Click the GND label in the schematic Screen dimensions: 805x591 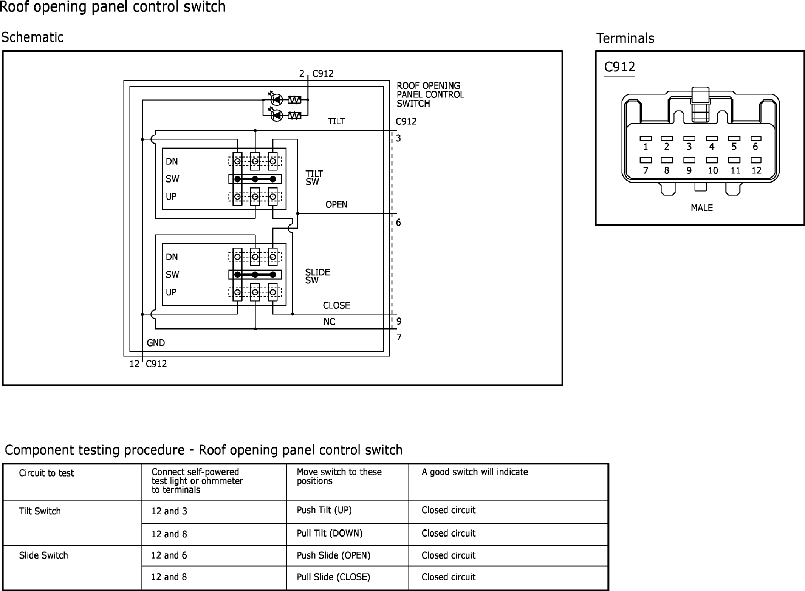tap(156, 343)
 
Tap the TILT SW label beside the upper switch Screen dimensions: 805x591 tap(314, 178)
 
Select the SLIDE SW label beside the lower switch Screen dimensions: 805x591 tap(317, 276)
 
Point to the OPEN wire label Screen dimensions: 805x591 tap(336, 204)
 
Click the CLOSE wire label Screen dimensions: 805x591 tap(336, 305)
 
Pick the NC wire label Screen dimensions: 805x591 tap(329, 322)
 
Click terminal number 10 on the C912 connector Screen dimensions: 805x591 tap(713, 170)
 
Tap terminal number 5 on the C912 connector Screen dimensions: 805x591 tap(734, 147)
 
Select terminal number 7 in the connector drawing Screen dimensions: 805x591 tap(646, 170)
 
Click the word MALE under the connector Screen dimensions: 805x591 tap(702, 208)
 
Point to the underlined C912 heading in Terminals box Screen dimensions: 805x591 tap(619, 67)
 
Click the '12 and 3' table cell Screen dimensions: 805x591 tap(169, 511)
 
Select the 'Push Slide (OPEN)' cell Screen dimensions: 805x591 tap(333, 555)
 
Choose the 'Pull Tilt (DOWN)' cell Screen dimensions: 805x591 tap(330, 533)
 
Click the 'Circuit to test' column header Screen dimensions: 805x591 tap(46, 473)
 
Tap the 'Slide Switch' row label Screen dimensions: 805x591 tap(43, 555)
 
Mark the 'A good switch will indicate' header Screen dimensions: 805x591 tap(475, 472)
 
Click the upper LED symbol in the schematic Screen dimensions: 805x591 tap(277, 100)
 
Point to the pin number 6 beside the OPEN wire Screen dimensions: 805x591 tap(398, 223)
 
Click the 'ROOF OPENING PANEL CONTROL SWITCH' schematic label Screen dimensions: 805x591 tap(430, 94)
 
